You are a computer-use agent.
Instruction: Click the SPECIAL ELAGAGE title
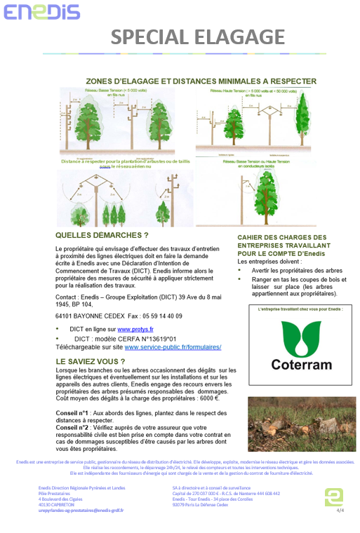(198, 36)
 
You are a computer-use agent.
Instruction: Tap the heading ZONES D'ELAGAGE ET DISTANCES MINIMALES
(201, 81)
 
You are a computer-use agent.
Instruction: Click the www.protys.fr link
(135, 328)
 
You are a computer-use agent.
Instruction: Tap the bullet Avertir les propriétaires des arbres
(296, 270)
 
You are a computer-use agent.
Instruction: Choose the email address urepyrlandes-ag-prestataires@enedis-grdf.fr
(81, 510)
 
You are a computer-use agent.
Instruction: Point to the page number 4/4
(340, 511)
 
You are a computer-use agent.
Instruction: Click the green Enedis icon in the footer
(333, 495)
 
